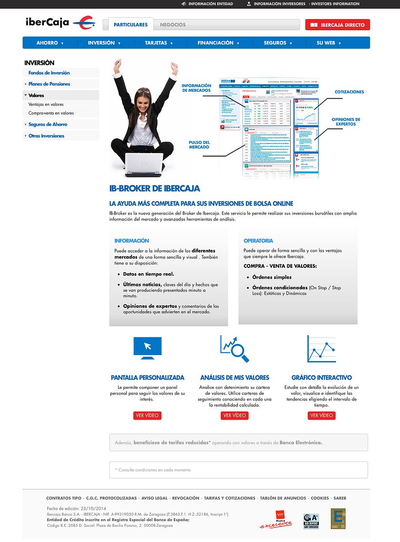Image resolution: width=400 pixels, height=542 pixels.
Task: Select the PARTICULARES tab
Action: tap(130, 24)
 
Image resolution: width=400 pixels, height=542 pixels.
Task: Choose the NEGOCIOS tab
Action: tap(173, 24)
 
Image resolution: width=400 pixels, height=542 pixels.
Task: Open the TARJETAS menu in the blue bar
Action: tap(159, 43)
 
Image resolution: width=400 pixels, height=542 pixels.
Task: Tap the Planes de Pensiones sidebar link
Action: tap(49, 84)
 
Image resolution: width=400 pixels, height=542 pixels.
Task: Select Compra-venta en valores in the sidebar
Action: tap(51, 113)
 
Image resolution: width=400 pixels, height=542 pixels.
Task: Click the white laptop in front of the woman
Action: tap(144, 164)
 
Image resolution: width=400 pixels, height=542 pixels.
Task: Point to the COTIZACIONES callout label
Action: tap(349, 92)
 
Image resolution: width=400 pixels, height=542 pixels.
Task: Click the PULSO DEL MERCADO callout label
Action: tap(199, 145)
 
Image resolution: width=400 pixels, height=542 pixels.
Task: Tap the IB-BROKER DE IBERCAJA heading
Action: tap(155, 188)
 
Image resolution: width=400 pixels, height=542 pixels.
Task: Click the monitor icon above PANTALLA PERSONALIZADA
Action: tap(147, 348)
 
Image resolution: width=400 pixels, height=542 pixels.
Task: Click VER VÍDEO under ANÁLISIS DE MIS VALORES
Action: tap(235, 415)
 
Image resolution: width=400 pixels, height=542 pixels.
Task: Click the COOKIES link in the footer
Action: tap(320, 498)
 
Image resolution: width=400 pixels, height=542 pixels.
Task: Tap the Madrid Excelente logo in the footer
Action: tap(276, 521)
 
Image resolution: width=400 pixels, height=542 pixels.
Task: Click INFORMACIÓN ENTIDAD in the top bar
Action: tap(210, 4)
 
